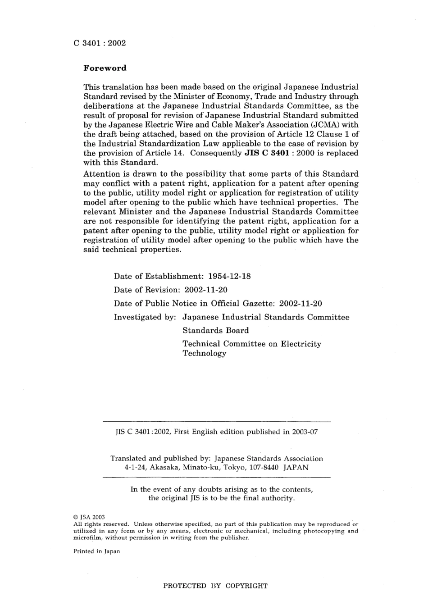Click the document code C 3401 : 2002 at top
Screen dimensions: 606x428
[100, 43]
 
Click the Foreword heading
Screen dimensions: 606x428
[105, 68]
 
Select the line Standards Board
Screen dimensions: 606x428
[215, 330]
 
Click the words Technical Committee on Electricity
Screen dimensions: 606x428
[252, 344]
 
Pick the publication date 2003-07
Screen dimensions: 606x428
[305, 432]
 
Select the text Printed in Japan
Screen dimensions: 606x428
[96, 551]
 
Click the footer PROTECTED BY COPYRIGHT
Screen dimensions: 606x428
[215, 586]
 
